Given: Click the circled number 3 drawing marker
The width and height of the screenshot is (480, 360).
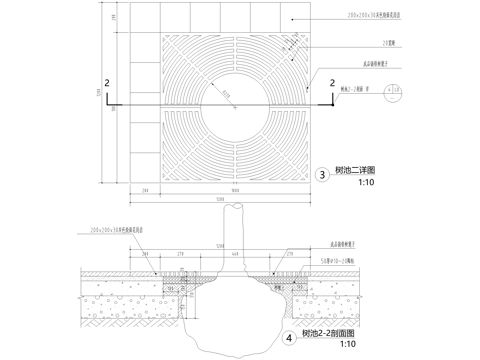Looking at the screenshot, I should point(322,175).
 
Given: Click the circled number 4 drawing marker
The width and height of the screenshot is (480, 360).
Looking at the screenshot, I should point(290,338).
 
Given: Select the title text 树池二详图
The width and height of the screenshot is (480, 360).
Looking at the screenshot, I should point(357,172).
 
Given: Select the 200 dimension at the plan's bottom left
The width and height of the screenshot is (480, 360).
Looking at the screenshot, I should point(145,189).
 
